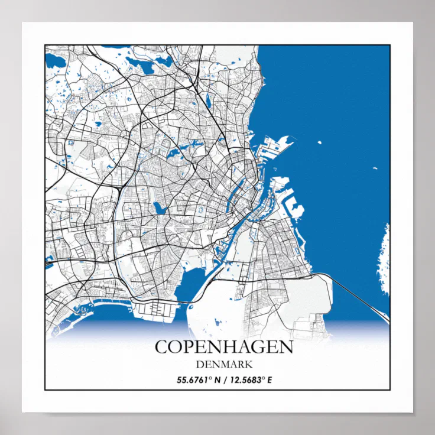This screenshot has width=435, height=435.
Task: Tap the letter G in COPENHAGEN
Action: pos(252,346)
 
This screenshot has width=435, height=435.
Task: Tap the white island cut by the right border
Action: pos(385,260)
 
